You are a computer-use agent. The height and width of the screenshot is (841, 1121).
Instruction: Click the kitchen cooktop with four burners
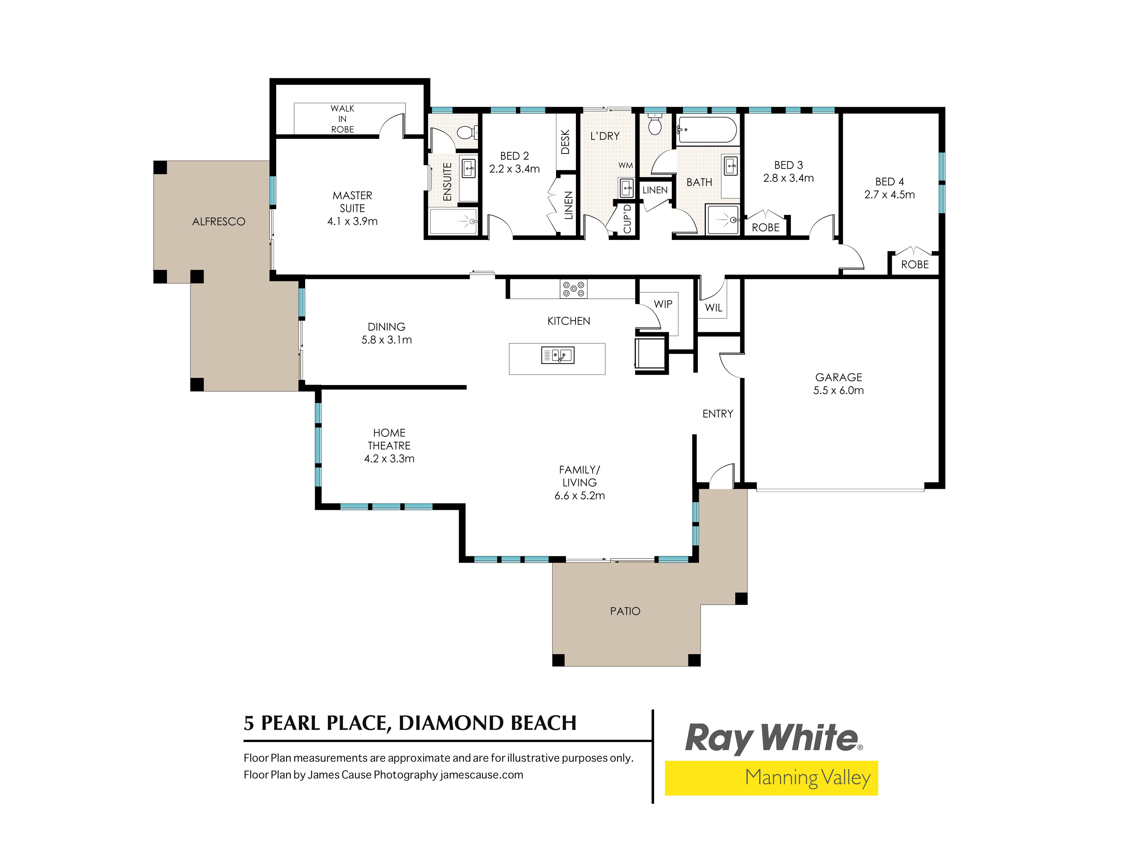pos(573,289)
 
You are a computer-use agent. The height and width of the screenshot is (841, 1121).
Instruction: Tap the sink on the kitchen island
pos(557,355)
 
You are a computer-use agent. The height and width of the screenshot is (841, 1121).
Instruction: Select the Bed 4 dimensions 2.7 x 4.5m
pos(890,195)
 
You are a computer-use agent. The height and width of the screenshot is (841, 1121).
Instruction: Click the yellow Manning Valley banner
pos(771,778)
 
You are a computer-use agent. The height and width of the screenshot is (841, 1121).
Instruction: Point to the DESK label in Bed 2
pos(566,142)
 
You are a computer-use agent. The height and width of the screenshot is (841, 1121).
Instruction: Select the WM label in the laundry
pos(625,165)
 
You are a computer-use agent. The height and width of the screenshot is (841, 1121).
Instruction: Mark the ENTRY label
pos(718,414)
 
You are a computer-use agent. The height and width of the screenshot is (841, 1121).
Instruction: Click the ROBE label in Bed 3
pos(765,228)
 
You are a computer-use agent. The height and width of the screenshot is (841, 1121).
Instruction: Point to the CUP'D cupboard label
pos(627,218)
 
